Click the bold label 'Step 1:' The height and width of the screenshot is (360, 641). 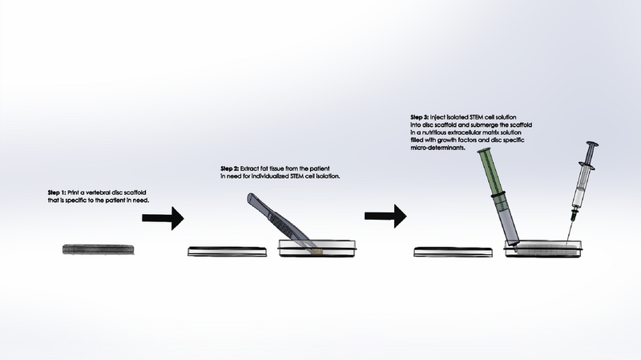[x=57, y=192]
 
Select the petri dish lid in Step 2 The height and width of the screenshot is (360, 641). [x=227, y=251]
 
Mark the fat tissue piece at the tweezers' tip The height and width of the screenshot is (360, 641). [x=316, y=252]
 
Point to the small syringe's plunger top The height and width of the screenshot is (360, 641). [x=591, y=145]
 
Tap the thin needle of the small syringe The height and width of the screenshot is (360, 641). [x=570, y=233]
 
